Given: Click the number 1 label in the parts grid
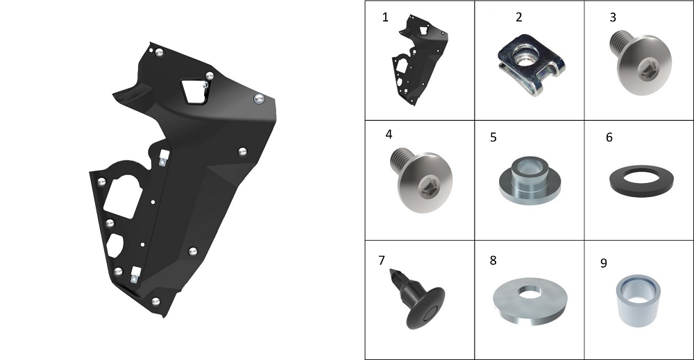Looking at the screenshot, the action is [x=385, y=17].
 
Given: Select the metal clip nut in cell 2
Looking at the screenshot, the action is [x=531, y=65].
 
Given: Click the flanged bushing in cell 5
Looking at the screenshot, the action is [x=530, y=180].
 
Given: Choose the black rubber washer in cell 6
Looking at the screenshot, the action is [x=641, y=180].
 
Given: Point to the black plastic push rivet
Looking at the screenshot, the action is [x=417, y=298].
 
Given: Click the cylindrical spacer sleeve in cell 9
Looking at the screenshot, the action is [x=638, y=301].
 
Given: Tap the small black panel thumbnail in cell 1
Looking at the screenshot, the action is [x=419, y=60].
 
